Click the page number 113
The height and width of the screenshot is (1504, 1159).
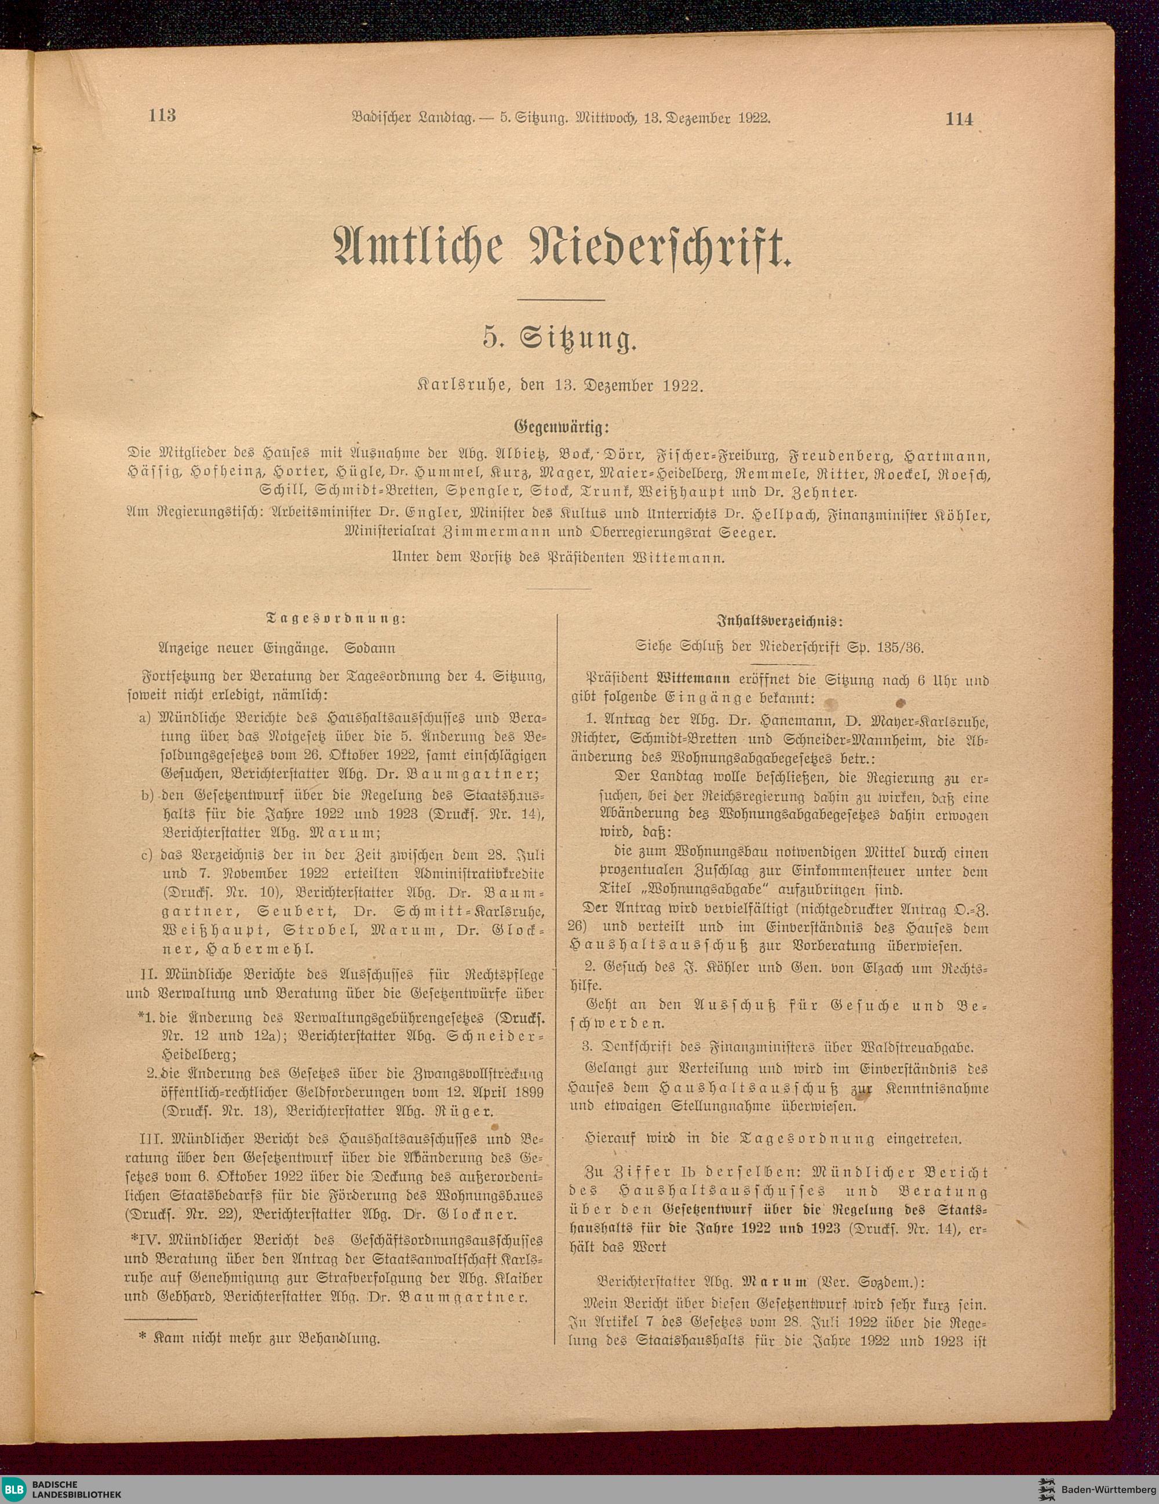click(x=162, y=115)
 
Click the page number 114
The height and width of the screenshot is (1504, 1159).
click(x=959, y=118)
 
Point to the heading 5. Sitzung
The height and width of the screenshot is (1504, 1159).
click(x=559, y=340)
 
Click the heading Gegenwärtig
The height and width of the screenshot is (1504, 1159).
click(x=562, y=427)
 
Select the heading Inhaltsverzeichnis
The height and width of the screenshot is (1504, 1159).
click(x=779, y=620)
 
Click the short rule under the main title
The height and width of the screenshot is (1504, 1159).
click(x=560, y=300)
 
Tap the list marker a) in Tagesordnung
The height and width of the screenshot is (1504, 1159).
click(x=145, y=718)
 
